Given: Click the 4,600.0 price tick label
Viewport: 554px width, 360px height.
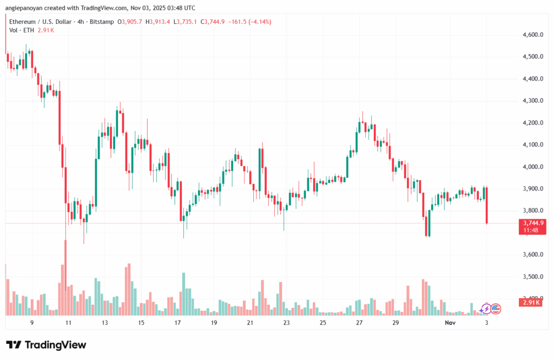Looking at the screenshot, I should [x=532, y=35].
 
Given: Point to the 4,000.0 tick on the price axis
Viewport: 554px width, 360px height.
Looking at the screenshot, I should [x=532, y=167].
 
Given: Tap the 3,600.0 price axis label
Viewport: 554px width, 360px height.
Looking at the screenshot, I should [x=532, y=255].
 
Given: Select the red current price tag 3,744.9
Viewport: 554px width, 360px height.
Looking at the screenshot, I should [x=533, y=222].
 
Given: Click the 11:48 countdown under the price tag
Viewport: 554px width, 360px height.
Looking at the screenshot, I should [x=532, y=230].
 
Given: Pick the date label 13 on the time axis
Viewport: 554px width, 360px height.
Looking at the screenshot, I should [x=104, y=323].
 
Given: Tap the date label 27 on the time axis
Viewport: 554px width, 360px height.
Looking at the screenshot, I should [x=359, y=323].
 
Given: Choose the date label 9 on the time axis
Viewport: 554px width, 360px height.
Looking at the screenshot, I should [x=32, y=323].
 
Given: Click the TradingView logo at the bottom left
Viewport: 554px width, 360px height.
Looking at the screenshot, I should [x=46, y=345].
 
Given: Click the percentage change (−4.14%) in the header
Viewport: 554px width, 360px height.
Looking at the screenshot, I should [x=258, y=22].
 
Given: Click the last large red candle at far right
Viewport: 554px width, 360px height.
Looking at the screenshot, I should [x=487, y=205].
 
